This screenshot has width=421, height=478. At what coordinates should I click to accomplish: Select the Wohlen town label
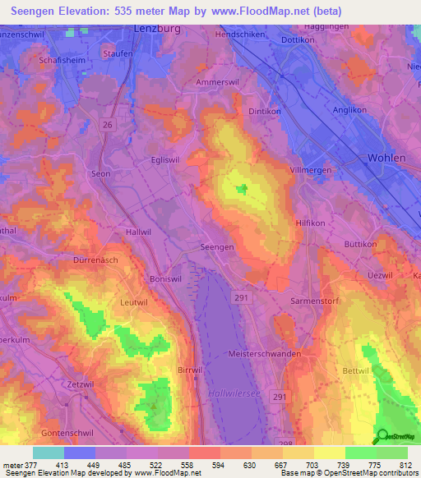387,157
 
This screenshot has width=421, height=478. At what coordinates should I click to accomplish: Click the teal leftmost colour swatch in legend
48,453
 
